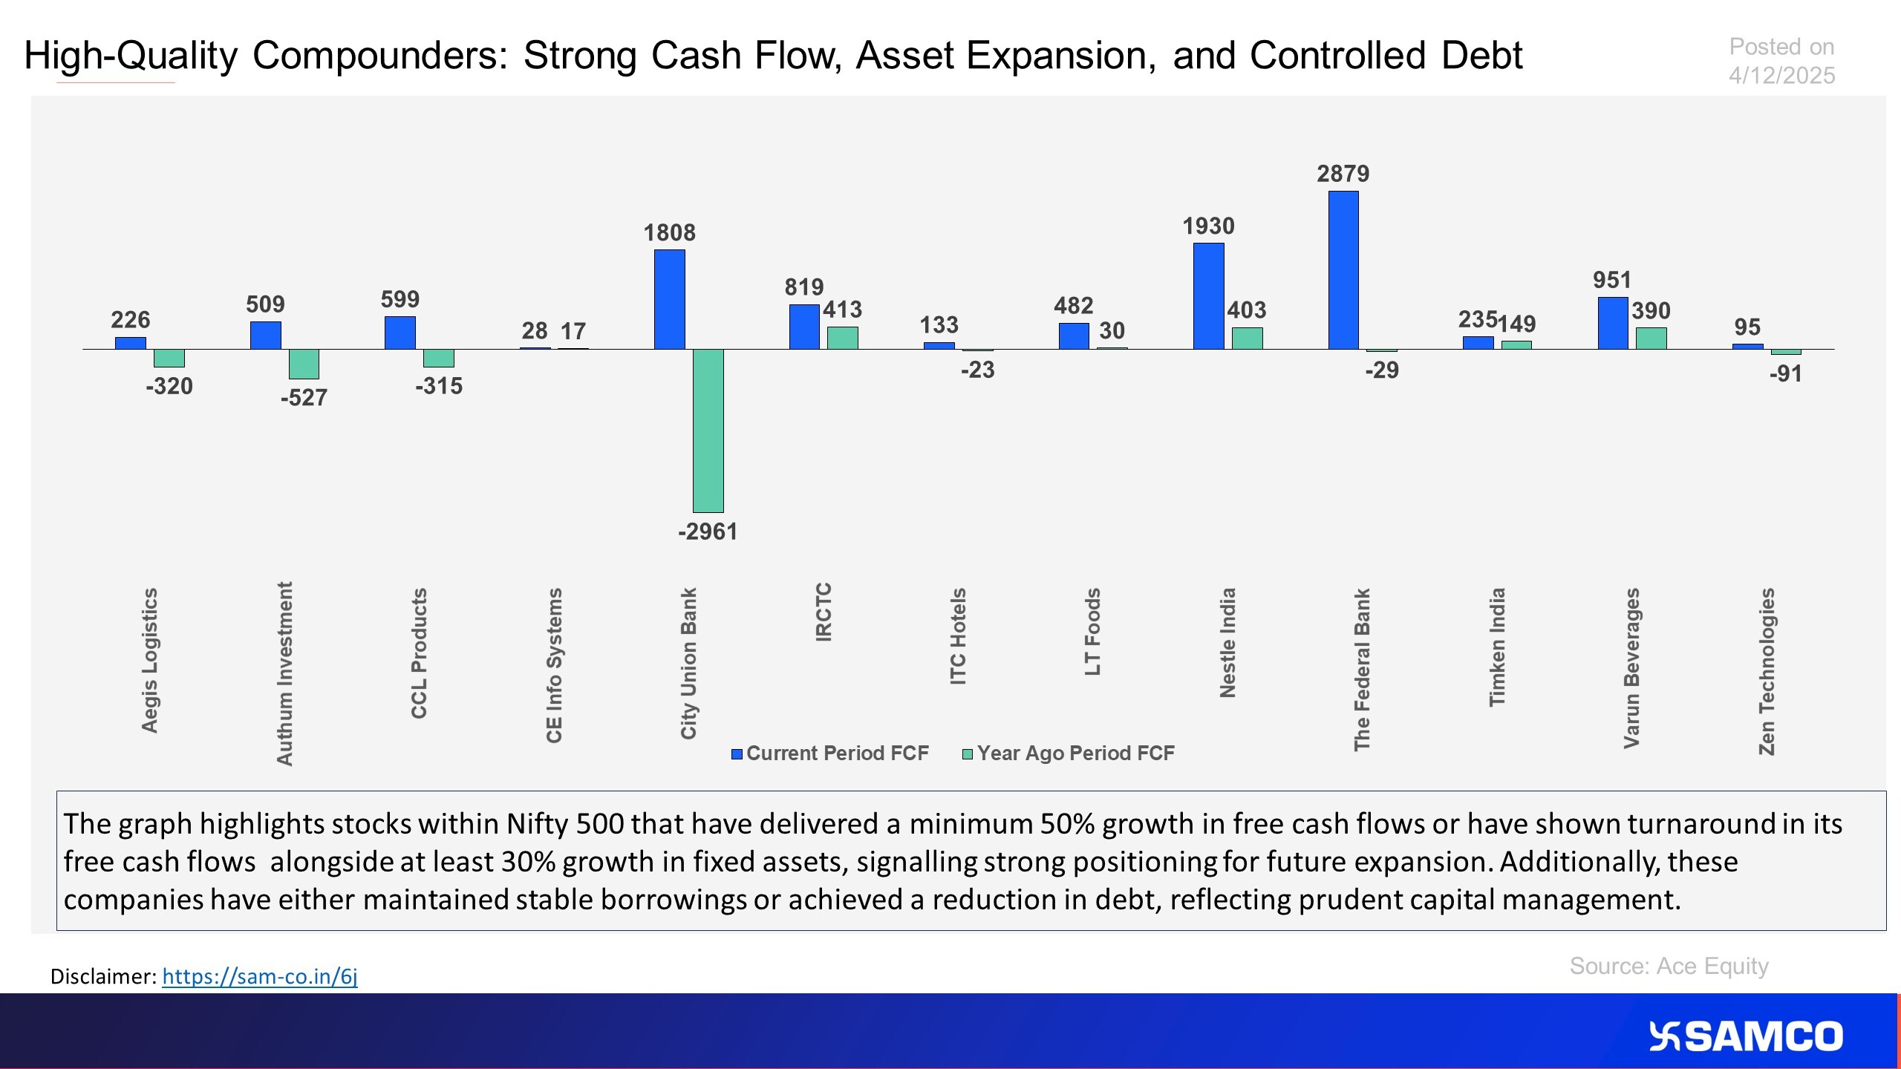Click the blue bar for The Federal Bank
pos(1343,270)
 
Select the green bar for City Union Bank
pos(708,431)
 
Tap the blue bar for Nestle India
pos(1208,296)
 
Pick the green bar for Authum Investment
pos(304,364)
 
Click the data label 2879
pos(1343,174)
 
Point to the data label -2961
pos(708,532)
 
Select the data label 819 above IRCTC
pos(804,287)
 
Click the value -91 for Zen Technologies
pos(1785,373)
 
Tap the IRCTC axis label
pos(824,612)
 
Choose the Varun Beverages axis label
pos(1631,668)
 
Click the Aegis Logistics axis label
pos(150,660)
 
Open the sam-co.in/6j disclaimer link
pos(259,976)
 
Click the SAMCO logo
pos(1745,1036)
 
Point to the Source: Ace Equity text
pos(1669,966)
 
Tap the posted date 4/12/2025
pos(1781,76)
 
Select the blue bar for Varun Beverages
pos(1612,323)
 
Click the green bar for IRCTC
pos(843,338)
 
